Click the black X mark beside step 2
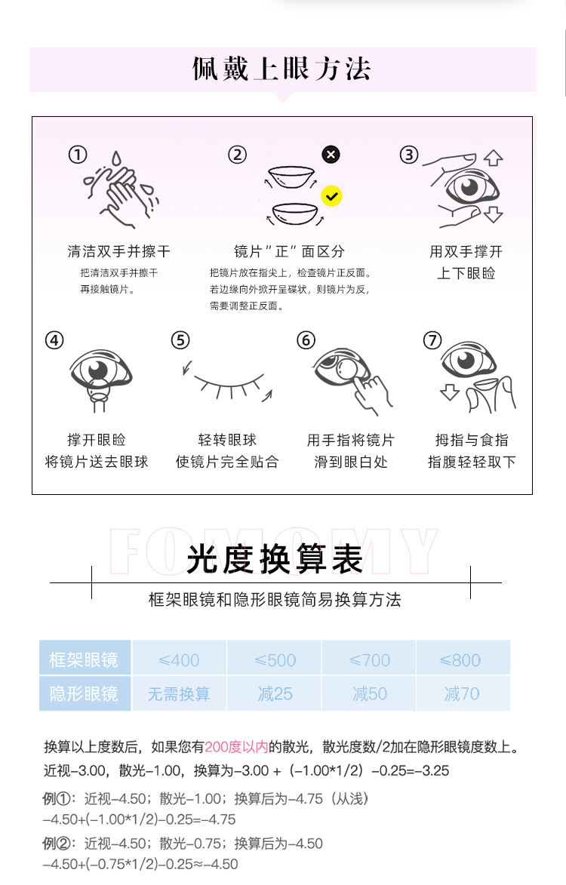pos(331,154)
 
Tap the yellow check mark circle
pos(331,196)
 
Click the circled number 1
pos(78,155)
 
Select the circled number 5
pos(180,340)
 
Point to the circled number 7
pos(432,340)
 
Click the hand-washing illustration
pos(120,189)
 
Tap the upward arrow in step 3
pos(494,158)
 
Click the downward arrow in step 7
pos(450,392)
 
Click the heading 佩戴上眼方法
pos(281,69)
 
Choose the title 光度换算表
pos(274,559)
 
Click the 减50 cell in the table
pos(369,693)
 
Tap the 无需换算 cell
pos(179,693)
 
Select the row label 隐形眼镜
pos(85,693)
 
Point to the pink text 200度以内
pos(236,747)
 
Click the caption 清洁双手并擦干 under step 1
pos(118,251)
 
